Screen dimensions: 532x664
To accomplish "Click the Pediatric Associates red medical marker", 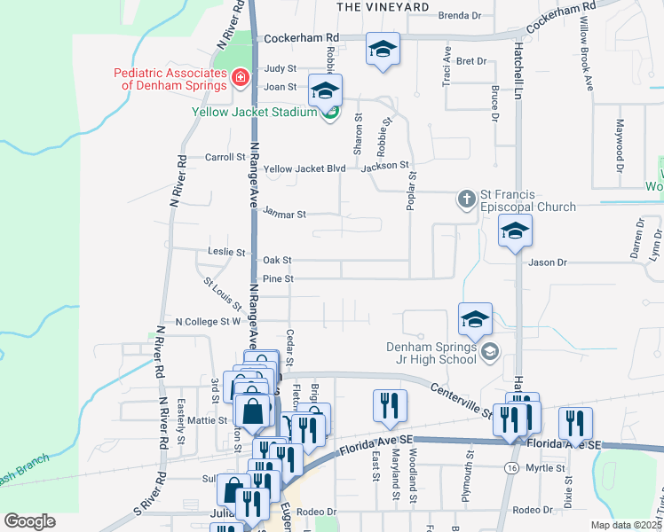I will [238, 80].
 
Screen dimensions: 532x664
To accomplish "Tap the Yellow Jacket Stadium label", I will [255, 113].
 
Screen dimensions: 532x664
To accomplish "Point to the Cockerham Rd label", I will [302, 37].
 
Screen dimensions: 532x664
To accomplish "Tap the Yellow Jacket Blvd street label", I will [304, 168].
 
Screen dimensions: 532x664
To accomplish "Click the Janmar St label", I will [284, 214].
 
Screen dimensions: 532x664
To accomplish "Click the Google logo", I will [29, 521].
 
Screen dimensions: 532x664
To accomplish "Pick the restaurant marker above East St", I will [390, 406].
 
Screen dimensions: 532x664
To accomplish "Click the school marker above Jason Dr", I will [514, 233].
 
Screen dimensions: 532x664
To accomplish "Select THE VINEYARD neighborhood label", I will [383, 6].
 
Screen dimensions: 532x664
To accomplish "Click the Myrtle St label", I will [545, 467].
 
